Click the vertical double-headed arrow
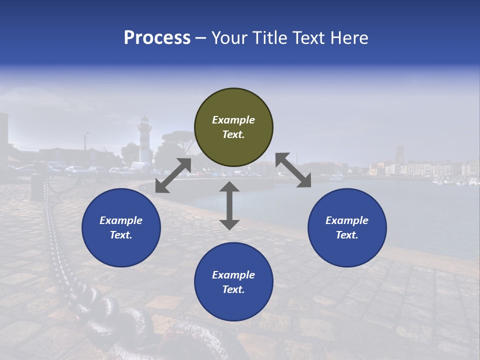(229, 205)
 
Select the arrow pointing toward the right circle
(293, 170)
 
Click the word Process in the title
(157, 38)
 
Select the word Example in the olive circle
(233, 120)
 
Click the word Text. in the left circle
(121, 235)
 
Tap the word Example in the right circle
(347, 220)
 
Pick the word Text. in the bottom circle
(233, 289)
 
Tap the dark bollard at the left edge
(37, 187)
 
